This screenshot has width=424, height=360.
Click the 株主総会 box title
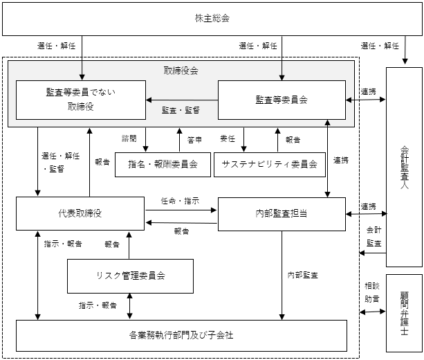point(212,18)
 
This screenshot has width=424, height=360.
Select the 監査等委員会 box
point(282,100)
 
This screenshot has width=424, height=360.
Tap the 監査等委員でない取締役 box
point(81,100)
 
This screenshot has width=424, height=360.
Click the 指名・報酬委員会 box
point(163,165)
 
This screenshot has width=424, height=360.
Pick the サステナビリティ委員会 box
point(270,165)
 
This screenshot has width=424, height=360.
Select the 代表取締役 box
point(80,213)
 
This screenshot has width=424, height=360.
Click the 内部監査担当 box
point(282,214)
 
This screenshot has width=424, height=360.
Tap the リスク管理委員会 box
point(130,276)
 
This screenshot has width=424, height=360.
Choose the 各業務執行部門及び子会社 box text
point(181,335)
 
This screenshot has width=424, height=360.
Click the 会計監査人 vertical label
point(405,168)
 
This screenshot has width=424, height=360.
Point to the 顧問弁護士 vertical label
point(405,313)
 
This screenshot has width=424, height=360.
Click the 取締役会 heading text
point(181,71)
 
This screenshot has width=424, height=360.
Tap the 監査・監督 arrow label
point(181,110)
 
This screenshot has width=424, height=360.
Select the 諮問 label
point(129,138)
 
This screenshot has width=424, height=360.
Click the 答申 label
point(194,140)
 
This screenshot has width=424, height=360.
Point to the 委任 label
point(228,138)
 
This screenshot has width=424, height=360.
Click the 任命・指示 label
point(180,201)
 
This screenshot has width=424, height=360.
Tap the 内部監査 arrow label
point(302,276)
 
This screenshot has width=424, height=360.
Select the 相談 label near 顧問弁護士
point(372,286)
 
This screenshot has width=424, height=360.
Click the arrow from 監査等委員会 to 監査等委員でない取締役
point(182,100)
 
